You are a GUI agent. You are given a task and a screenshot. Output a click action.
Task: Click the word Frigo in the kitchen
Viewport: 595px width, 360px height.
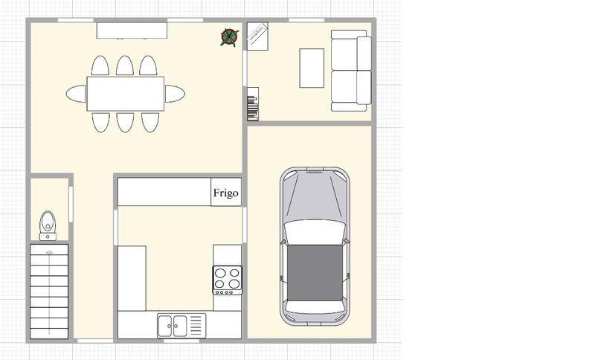(226, 193)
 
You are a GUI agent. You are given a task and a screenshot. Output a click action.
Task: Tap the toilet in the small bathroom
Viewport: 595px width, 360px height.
(48, 224)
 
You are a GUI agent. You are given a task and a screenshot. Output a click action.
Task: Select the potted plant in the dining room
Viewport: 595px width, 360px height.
(230, 37)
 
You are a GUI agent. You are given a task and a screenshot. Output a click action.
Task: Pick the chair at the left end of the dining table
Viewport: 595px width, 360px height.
(76, 93)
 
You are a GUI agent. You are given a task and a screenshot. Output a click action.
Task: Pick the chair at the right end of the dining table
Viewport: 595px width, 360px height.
(175, 93)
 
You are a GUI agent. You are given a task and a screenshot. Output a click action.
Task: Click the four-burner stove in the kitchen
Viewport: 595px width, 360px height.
(228, 279)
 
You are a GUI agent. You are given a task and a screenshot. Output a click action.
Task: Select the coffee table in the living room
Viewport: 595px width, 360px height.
(312, 68)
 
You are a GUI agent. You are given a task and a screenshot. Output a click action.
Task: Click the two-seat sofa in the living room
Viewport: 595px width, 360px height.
(350, 71)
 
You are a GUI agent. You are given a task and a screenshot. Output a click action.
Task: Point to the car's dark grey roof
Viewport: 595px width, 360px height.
(313, 271)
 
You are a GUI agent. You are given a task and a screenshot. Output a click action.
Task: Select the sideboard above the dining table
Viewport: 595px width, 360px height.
(132, 30)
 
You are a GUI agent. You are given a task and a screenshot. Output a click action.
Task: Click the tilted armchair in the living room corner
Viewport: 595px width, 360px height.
(257, 36)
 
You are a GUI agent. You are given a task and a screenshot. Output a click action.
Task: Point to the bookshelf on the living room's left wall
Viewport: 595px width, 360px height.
(253, 103)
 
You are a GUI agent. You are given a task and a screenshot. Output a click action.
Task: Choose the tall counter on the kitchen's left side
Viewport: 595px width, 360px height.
(132, 277)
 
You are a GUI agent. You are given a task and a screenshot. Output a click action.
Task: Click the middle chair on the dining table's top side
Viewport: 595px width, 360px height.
(125, 65)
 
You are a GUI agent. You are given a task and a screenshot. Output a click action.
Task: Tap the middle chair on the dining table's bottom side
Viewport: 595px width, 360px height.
(125, 120)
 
